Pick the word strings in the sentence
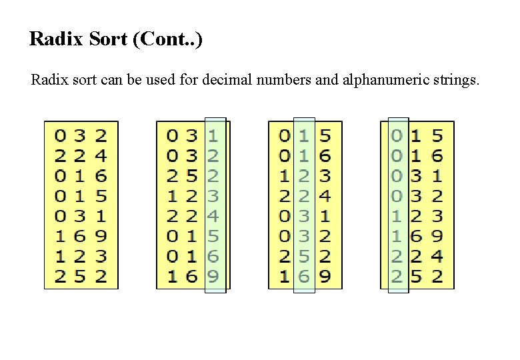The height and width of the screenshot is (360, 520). pos(453,81)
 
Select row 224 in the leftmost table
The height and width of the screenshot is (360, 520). pos(81,156)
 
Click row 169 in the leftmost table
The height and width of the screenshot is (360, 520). pos(81,235)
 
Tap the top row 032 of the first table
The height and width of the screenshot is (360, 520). pos(81,136)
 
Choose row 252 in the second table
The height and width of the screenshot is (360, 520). pos(192,176)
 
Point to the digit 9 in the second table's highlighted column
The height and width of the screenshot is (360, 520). pos(213,275)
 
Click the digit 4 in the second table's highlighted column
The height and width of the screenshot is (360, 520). pos(213,215)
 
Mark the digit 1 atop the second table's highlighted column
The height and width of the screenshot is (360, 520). pos(213,136)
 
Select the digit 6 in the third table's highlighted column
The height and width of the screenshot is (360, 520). pos(304,275)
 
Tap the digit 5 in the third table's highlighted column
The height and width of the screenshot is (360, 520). pos(304,255)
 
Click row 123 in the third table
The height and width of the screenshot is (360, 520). pos(304,176)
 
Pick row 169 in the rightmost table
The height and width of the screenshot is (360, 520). pos(417,235)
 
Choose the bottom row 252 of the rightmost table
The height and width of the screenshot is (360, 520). pos(417,275)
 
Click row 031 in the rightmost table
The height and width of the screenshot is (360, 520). pos(417,176)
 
